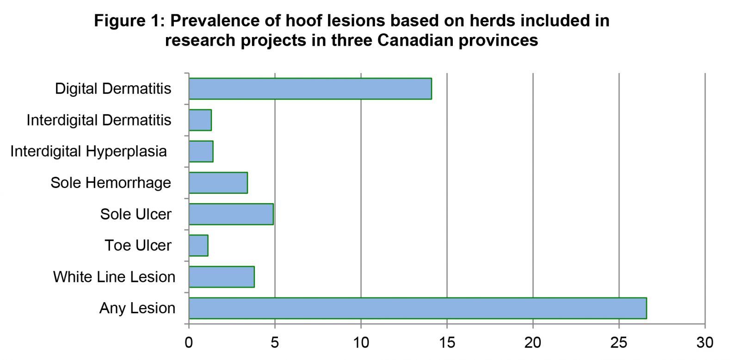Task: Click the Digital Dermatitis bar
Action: click(x=310, y=88)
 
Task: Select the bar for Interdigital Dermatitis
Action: click(x=200, y=120)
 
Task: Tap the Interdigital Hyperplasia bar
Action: click(x=201, y=151)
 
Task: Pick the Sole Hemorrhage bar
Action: click(x=218, y=183)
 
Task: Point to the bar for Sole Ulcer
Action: click(x=231, y=214)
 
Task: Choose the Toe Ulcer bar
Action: click(x=198, y=246)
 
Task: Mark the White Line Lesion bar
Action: click(x=222, y=277)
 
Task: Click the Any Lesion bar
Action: click(x=418, y=309)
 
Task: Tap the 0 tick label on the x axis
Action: click(x=189, y=343)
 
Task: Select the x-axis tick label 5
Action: click(x=275, y=343)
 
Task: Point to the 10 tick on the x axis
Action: click(x=361, y=343)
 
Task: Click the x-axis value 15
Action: click(x=447, y=343)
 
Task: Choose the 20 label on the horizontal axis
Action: click(x=533, y=343)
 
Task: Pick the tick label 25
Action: click(x=619, y=343)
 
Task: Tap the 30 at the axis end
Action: click(x=705, y=343)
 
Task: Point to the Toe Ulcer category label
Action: click(x=138, y=246)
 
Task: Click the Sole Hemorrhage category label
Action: click(x=111, y=183)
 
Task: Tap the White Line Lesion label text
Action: click(x=114, y=277)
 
